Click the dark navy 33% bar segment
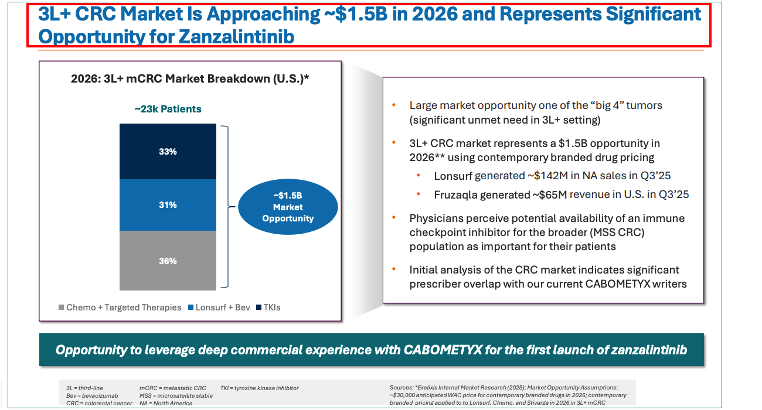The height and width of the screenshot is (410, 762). click(x=168, y=151)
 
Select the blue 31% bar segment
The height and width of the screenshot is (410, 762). click(x=168, y=205)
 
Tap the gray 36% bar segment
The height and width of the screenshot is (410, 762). click(x=168, y=261)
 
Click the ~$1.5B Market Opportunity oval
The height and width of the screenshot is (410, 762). click(x=288, y=207)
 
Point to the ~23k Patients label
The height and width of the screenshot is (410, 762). click(x=168, y=109)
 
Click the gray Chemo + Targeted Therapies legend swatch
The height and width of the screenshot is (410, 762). click(x=60, y=307)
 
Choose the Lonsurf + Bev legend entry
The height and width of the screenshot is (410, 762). click(x=221, y=307)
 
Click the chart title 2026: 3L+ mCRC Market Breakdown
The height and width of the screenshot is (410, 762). click(x=189, y=78)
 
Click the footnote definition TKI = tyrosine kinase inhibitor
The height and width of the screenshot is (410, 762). click(x=260, y=388)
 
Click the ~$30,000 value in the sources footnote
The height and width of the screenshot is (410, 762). click(x=407, y=395)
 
